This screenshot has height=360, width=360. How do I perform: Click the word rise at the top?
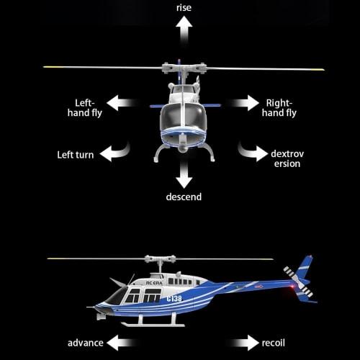click(x=184, y=7)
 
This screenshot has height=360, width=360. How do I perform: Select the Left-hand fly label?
click(x=91, y=108)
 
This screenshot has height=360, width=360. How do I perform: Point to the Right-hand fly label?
click(x=279, y=108)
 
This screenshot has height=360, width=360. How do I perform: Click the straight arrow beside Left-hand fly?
click(x=124, y=103)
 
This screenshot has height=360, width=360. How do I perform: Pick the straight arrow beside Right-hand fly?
click(x=245, y=103)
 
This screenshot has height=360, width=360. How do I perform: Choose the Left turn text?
click(x=75, y=154)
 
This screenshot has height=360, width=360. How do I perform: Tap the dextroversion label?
click(x=285, y=158)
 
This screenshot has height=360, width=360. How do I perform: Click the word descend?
click(x=184, y=197)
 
